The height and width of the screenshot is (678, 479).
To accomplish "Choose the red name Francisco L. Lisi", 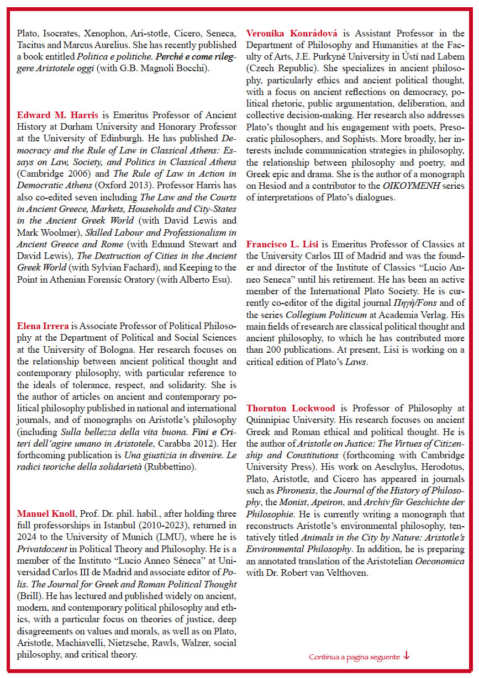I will (283, 243).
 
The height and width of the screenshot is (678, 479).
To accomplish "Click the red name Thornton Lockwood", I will (291, 408).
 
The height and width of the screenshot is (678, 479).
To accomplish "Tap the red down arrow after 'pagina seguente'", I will (407, 656).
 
